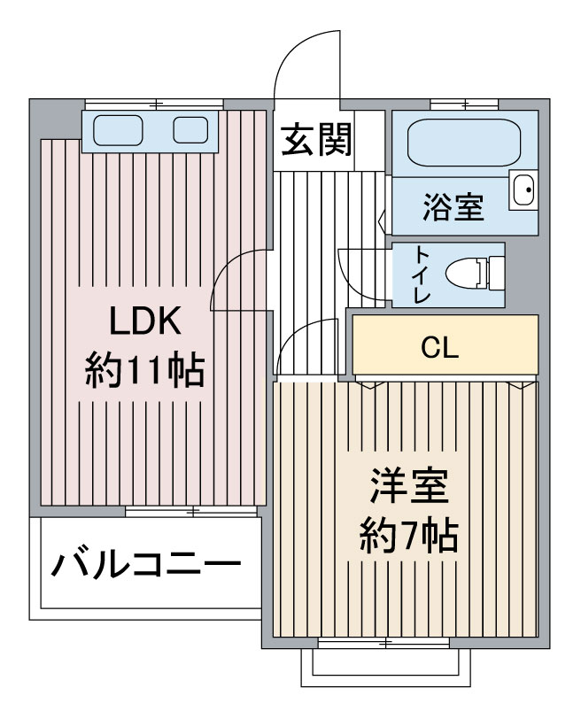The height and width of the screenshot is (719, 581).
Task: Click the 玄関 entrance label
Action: point(316,139)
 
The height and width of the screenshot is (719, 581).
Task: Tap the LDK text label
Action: point(145,321)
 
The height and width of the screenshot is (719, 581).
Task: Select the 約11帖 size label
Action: point(144,370)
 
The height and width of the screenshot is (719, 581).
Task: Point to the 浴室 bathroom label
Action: point(453,207)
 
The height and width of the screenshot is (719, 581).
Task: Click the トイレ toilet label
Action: point(422,274)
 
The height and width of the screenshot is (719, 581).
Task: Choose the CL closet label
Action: point(440,348)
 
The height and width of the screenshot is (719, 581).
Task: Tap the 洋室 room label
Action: point(409,486)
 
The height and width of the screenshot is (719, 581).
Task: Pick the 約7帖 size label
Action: point(408,535)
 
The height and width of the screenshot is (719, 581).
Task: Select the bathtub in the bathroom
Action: point(463,143)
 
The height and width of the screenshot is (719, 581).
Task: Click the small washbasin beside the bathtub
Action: point(523,189)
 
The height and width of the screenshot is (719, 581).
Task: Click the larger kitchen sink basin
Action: point(118,131)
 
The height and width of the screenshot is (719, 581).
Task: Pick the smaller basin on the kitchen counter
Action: point(190,130)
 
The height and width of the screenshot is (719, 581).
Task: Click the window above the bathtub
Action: point(464,104)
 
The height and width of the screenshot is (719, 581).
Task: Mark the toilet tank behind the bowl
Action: point(497,273)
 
